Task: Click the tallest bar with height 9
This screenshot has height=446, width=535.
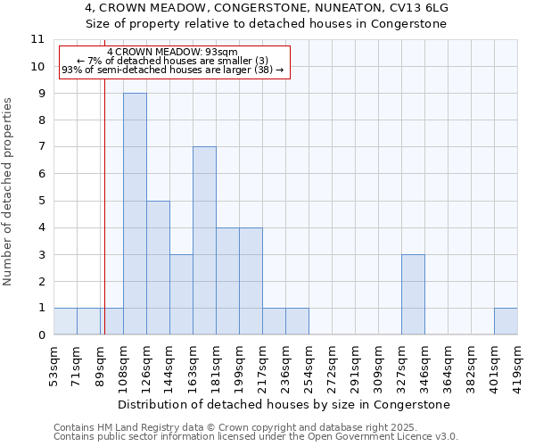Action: point(135,214)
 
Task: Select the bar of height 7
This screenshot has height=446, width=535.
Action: point(204,241)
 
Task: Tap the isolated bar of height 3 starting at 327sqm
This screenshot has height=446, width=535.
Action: point(413,294)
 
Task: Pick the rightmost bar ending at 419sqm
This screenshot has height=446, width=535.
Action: point(506,321)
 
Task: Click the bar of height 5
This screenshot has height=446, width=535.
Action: point(158,268)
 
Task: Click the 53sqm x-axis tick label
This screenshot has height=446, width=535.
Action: point(53,360)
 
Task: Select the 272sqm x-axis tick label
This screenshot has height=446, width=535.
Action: point(332,362)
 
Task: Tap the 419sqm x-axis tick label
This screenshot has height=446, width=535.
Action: point(517,362)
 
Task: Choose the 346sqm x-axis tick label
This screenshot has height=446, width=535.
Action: point(424,362)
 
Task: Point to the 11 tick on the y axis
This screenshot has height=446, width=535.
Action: point(37,39)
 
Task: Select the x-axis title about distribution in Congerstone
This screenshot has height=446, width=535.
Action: point(284,404)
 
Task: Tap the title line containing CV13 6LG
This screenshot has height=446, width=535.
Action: point(267,8)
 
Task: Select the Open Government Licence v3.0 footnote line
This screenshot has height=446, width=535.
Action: point(255,437)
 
